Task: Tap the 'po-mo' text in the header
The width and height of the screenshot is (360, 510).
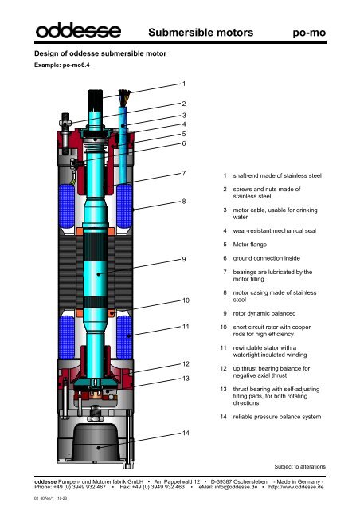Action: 312,33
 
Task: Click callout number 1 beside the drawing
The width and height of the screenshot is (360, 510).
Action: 184,83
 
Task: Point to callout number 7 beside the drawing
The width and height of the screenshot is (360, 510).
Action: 184,173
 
